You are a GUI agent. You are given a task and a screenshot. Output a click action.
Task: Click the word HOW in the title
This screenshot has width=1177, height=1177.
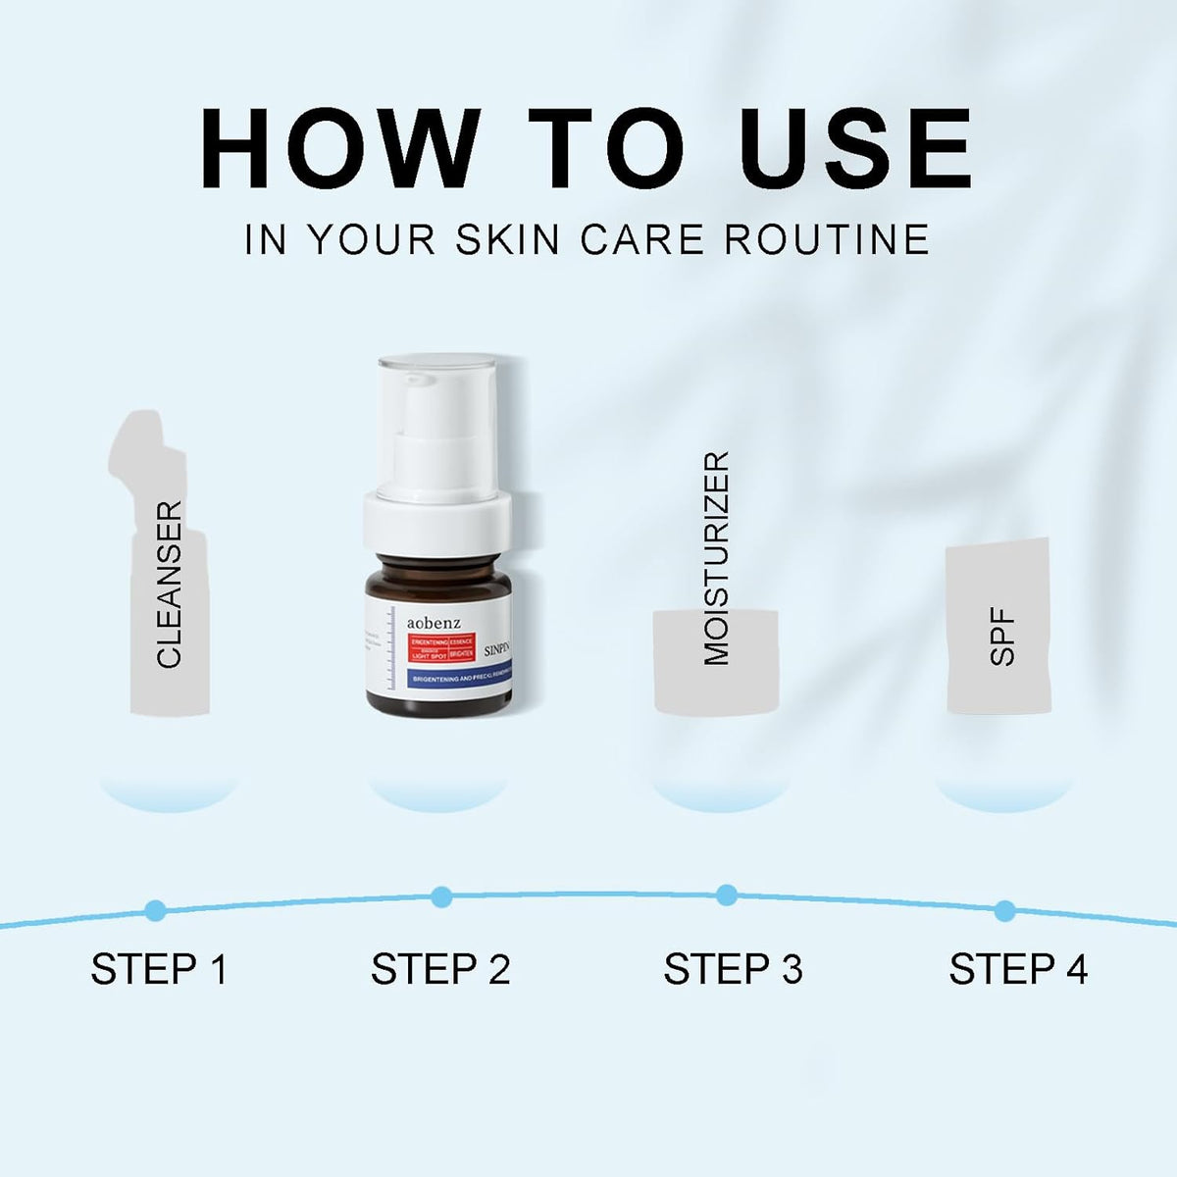pyautogui.click(x=339, y=148)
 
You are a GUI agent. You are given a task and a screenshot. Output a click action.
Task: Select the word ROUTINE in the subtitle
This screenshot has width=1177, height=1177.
pyautogui.click(x=827, y=240)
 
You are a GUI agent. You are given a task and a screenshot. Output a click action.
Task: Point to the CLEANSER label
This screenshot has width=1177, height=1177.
pyautogui.click(x=170, y=585)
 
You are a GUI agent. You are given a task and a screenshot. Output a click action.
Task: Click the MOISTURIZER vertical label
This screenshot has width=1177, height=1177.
pyautogui.click(x=717, y=558)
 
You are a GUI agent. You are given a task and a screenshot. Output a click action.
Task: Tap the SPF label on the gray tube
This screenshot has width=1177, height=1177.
pyautogui.click(x=1001, y=638)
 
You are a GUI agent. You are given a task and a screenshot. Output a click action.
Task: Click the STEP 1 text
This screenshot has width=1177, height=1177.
pyautogui.click(x=159, y=969)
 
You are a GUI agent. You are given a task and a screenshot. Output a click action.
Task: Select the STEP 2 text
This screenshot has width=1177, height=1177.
pyautogui.click(x=440, y=969)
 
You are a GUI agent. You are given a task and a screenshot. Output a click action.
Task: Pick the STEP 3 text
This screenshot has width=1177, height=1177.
pyautogui.click(x=733, y=969)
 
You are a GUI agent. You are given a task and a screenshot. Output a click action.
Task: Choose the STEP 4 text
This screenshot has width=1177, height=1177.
pyautogui.click(x=1018, y=969)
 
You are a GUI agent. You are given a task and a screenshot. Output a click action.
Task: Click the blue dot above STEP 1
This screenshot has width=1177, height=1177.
pyautogui.click(x=155, y=910)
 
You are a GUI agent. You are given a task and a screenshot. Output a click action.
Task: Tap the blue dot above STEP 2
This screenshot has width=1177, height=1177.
pyautogui.click(x=441, y=896)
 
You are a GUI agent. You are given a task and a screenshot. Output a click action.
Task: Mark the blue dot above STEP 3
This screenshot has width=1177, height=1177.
pyautogui.click(x=727, y=895)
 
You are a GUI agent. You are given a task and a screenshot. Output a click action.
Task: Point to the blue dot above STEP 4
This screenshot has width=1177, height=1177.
pyautogui.click(x=1004, y=910)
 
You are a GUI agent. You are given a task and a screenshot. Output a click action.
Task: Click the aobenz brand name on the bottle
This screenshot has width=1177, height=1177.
pyautogui.click(x=434, y=622)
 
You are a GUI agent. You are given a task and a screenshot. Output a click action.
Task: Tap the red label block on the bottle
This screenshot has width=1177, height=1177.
pyautogui.click(x=441, y=647)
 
